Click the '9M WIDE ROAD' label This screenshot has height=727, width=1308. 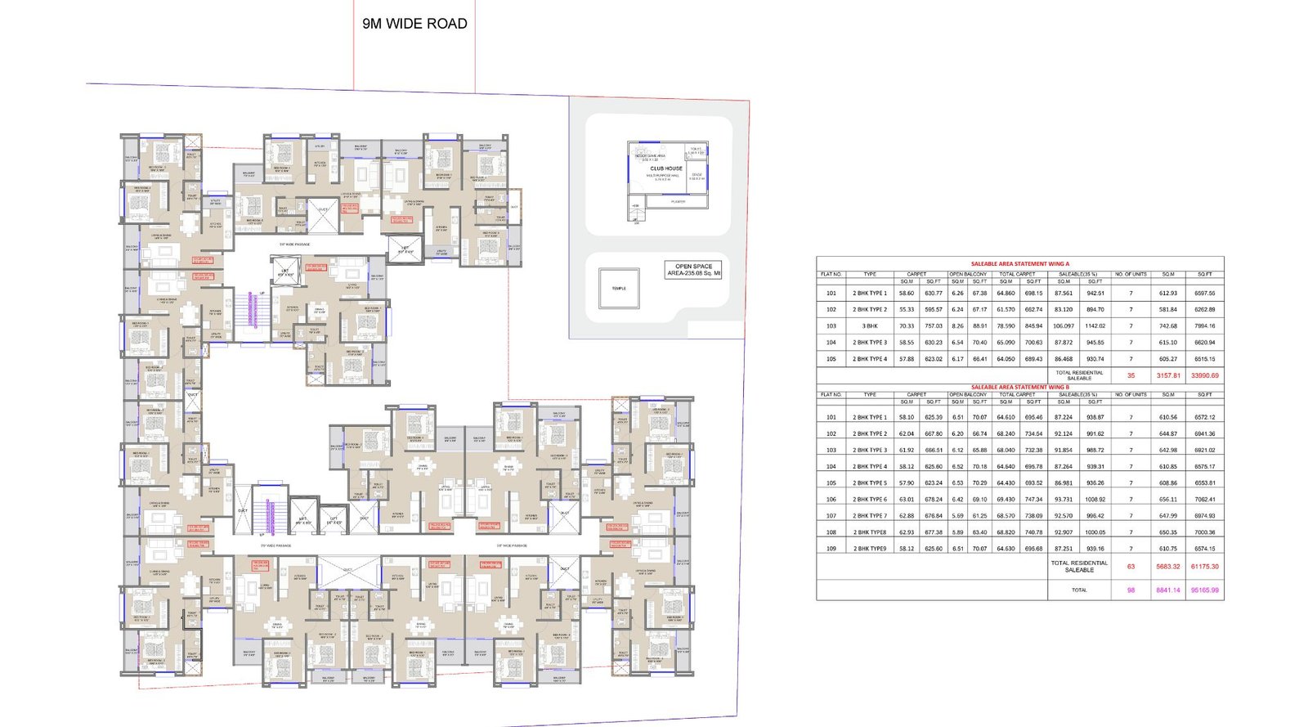414,24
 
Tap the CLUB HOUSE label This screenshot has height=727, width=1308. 666,168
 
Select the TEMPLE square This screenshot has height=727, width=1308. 619,288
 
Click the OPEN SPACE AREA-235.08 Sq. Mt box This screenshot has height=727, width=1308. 693,270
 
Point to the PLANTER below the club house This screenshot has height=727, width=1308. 678,201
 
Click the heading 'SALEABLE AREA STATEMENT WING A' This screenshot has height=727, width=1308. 1019,264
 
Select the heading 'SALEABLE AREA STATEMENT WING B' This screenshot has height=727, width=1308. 1019,387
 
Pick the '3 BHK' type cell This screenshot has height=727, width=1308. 870,326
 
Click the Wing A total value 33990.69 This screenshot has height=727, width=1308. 1204,375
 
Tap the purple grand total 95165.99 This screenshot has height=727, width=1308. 1204,590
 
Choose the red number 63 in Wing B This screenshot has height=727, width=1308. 1131,566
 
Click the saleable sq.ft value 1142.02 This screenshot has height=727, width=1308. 1095,326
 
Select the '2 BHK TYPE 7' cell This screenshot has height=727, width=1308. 870,516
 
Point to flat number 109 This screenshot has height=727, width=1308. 831,549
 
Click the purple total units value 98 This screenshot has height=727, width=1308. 1131,590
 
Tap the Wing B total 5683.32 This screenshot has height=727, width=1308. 1168,566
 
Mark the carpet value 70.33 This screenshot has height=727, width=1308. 906,326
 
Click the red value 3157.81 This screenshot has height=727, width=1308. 1168,375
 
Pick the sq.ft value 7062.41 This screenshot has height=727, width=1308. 1204,500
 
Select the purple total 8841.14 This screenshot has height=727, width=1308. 1168,590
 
